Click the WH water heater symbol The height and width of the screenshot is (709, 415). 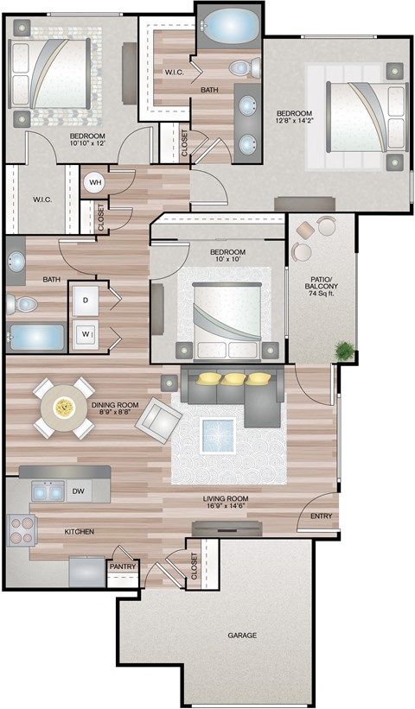pyautogui.click(x=95, y=182)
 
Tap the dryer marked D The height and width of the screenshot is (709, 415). pyautogui.click(x=86, y=300)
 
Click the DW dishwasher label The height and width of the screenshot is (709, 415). pyautogui.click(x=77, y=491)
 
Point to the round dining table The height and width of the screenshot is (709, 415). pyautogui.click(x=63, y=407)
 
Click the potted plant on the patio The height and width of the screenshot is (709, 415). pyautogui.click(x=345, y=351)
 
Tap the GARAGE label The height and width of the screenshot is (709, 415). pyautogui.click(x=243, y=635)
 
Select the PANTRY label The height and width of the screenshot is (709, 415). pyautogui.click(x=121, y=567)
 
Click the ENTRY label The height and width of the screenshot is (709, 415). pyautogui.click(x=320, y=516)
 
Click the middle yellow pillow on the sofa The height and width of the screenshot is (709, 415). pyautogui.click(x=233, y=378)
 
